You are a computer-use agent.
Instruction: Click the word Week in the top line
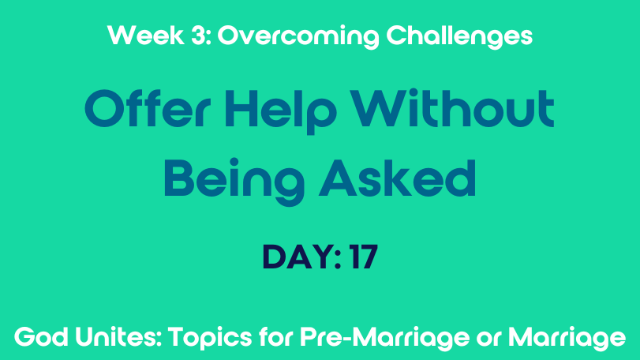click(x=146, y=35)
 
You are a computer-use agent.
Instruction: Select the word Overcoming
click(x=298, y=37)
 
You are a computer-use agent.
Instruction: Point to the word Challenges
click(x=459, y=37)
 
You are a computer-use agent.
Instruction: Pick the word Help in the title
click(x=281, y=111)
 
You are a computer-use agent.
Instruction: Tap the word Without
click(x=452, y=107)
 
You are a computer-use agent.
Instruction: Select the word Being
click(x=234, y=182)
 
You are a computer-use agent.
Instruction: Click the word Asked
click(x=397, y=178)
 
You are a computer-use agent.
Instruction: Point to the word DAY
click(x=298, y=257)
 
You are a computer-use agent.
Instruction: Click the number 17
click(x=363, y=257)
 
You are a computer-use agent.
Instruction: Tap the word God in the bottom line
click(x=41, y=337)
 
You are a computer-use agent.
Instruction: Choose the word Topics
click(x=210, y=339)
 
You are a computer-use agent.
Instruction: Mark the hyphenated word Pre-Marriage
click(x=385, y=339)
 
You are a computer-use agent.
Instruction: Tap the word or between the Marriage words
click(x=488, y=339)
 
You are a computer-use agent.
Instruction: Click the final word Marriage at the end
click(x=567, y=339)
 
